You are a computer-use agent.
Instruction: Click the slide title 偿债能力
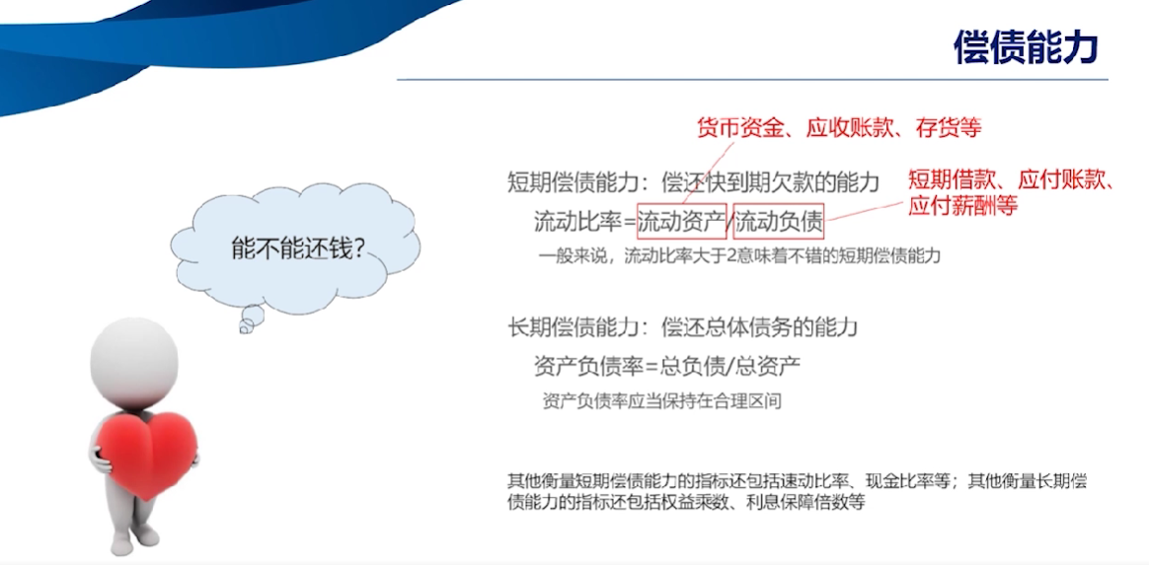(x=1026, y=47)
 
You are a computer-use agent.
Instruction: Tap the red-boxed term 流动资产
(x=681, y=220)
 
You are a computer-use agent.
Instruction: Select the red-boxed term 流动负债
(x=779, y=220)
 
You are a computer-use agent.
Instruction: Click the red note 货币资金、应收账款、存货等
(x=838, y=128)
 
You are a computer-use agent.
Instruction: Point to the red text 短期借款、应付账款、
(x=1011, y=179)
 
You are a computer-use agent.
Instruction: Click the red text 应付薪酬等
(x=963, y=206)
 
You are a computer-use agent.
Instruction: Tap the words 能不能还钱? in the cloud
(x=298, y=249)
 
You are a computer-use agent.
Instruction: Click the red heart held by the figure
(x=150, y=454)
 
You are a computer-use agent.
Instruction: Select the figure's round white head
(x=133, y=359)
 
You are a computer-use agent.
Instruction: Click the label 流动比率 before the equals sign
(x=578, y=221)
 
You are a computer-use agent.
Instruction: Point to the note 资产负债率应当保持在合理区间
(x=658, y=401)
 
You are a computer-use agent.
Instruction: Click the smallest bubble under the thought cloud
(x=245, y=329)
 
